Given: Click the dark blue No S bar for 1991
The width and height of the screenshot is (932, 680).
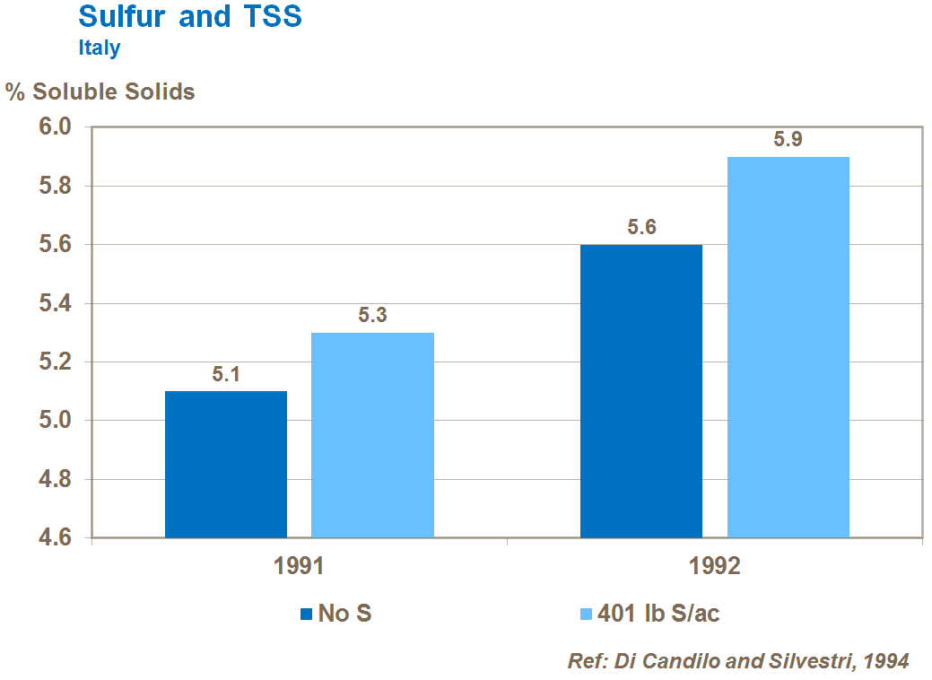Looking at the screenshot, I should click(x=226, y=464).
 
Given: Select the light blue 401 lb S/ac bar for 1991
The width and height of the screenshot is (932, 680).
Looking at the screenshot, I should click(x=372, y=435).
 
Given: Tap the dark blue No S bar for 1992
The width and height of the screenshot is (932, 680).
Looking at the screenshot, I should click(x=641, y=390).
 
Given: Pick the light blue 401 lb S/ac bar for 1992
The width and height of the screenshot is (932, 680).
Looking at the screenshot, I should click(x=788, y=347).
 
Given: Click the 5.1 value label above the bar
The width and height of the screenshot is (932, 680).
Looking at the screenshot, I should click(x=226, y=374).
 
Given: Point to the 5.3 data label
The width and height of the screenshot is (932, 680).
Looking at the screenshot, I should click(x=372, y=316).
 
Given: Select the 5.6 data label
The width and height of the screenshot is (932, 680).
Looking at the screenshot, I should click(x=641, y=228).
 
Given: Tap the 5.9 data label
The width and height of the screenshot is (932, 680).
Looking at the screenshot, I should click(x=788, y=140).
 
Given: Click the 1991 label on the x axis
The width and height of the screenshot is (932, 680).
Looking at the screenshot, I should click(x=299, y=567).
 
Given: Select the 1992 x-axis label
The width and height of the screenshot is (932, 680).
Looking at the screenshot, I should click(x=715, y=567).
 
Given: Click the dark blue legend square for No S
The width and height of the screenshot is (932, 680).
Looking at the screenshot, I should click(x=307, y=614).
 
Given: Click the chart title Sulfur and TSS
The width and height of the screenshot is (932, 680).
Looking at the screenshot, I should click(x=189, y=17).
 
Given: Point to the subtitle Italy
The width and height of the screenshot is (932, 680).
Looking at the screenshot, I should click(x=99, y=48).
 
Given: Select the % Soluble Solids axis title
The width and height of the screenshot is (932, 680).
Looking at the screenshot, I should click(x=100, y=92).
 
